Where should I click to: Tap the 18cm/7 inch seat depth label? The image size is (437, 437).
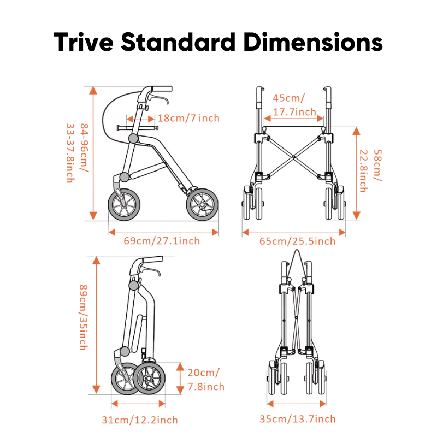pyautogui.click(x=188, y=118)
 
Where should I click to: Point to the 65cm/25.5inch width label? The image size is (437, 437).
pyautogui.click(x=297, y=241)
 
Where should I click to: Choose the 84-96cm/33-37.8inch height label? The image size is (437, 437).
pyautogui.click(x=75, y=153)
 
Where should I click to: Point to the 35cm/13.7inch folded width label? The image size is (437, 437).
pyautogui.click(x=297, y=419)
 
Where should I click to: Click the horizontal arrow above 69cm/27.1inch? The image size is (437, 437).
pyautogui.click(x=163, y=232)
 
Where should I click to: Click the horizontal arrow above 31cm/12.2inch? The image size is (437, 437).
pyautogui.click(x=138, y=404)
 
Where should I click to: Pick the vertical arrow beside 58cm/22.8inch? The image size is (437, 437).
pyautogui.click(x=356, y=172)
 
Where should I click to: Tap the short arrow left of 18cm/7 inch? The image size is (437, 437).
pyautogui.click(x=137, y=117)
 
